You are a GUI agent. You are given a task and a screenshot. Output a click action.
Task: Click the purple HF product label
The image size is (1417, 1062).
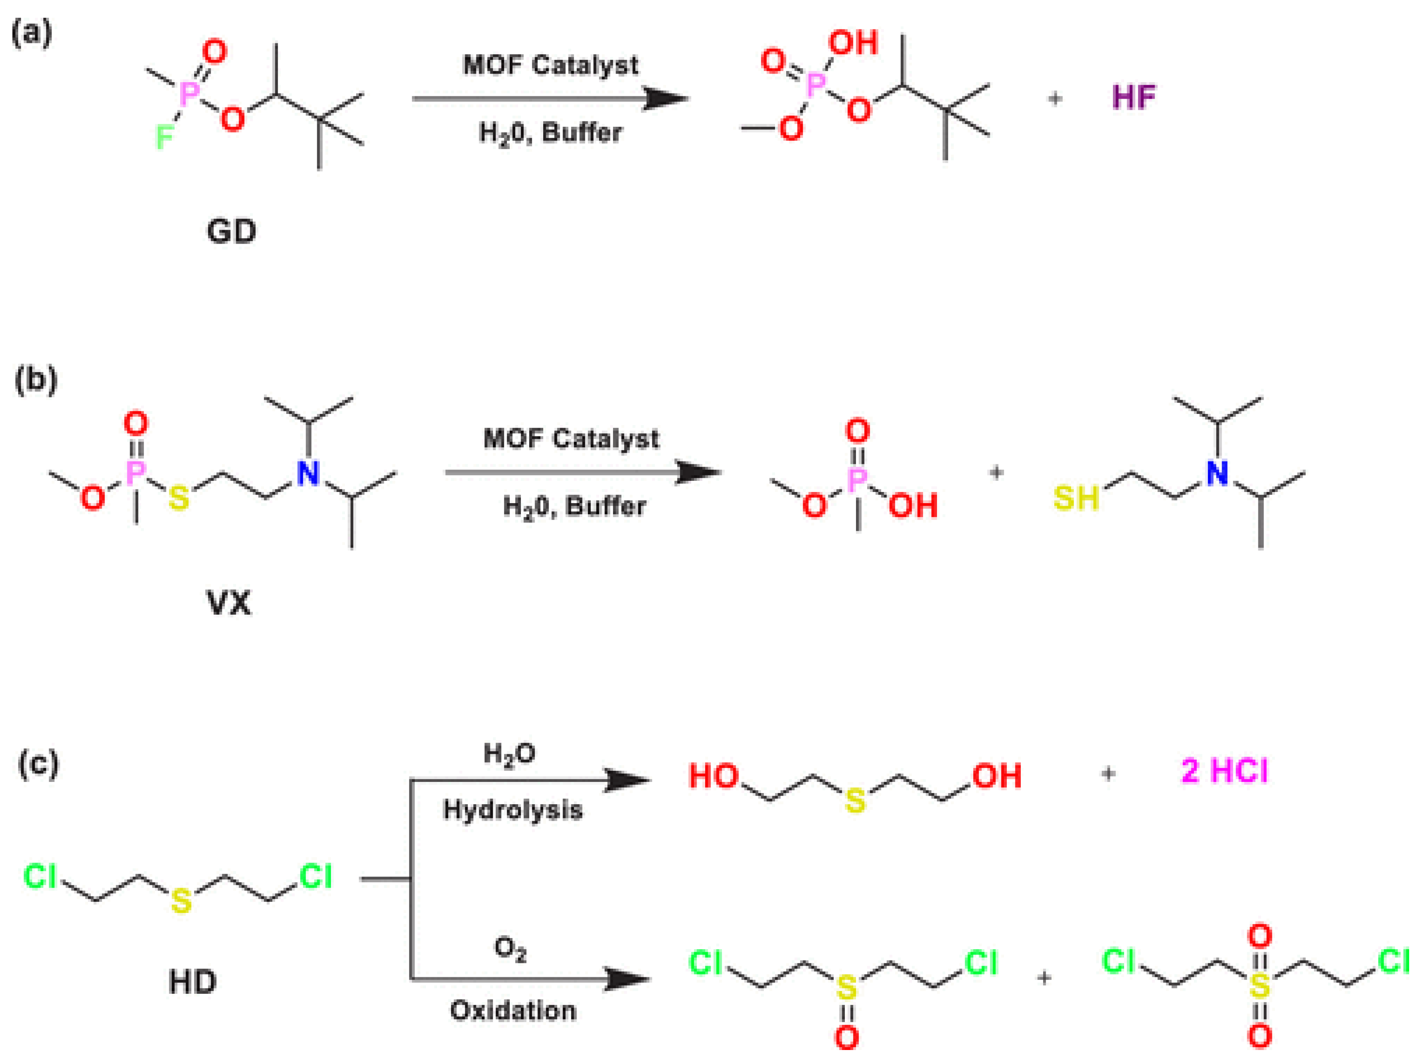pyautogui.click(x=1134, y=97)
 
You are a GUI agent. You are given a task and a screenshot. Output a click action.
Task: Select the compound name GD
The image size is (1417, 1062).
pyautogui.click(x=231, y=231)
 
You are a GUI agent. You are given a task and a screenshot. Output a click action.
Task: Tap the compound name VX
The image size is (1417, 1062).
pyautogui.click(x=229, y=603)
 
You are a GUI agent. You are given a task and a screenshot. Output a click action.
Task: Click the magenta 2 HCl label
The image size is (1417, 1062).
pyautogui.click(x=1224, y=770)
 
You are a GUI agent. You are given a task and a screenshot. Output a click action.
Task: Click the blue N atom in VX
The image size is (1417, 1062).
pyautogui.click(x=308, y=474)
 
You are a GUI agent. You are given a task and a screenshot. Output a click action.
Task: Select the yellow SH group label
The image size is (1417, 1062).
pyautogui.click(x=1076, y=498)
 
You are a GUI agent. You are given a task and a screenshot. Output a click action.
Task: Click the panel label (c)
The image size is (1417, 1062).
pyautogui.click(x=38, y=763)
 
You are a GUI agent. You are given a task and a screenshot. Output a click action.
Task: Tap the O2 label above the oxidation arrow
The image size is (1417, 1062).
pyautogui.click(x=510, y=949)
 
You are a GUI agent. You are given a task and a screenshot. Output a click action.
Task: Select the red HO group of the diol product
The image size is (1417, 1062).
pyautogui.click(x=713, y=776)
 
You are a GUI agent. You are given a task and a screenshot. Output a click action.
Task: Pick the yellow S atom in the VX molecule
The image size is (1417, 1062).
pyautogui.click(x=179, y=498)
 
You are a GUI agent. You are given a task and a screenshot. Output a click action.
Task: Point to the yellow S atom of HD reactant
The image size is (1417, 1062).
pyautogui.click(x=182, y=900)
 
